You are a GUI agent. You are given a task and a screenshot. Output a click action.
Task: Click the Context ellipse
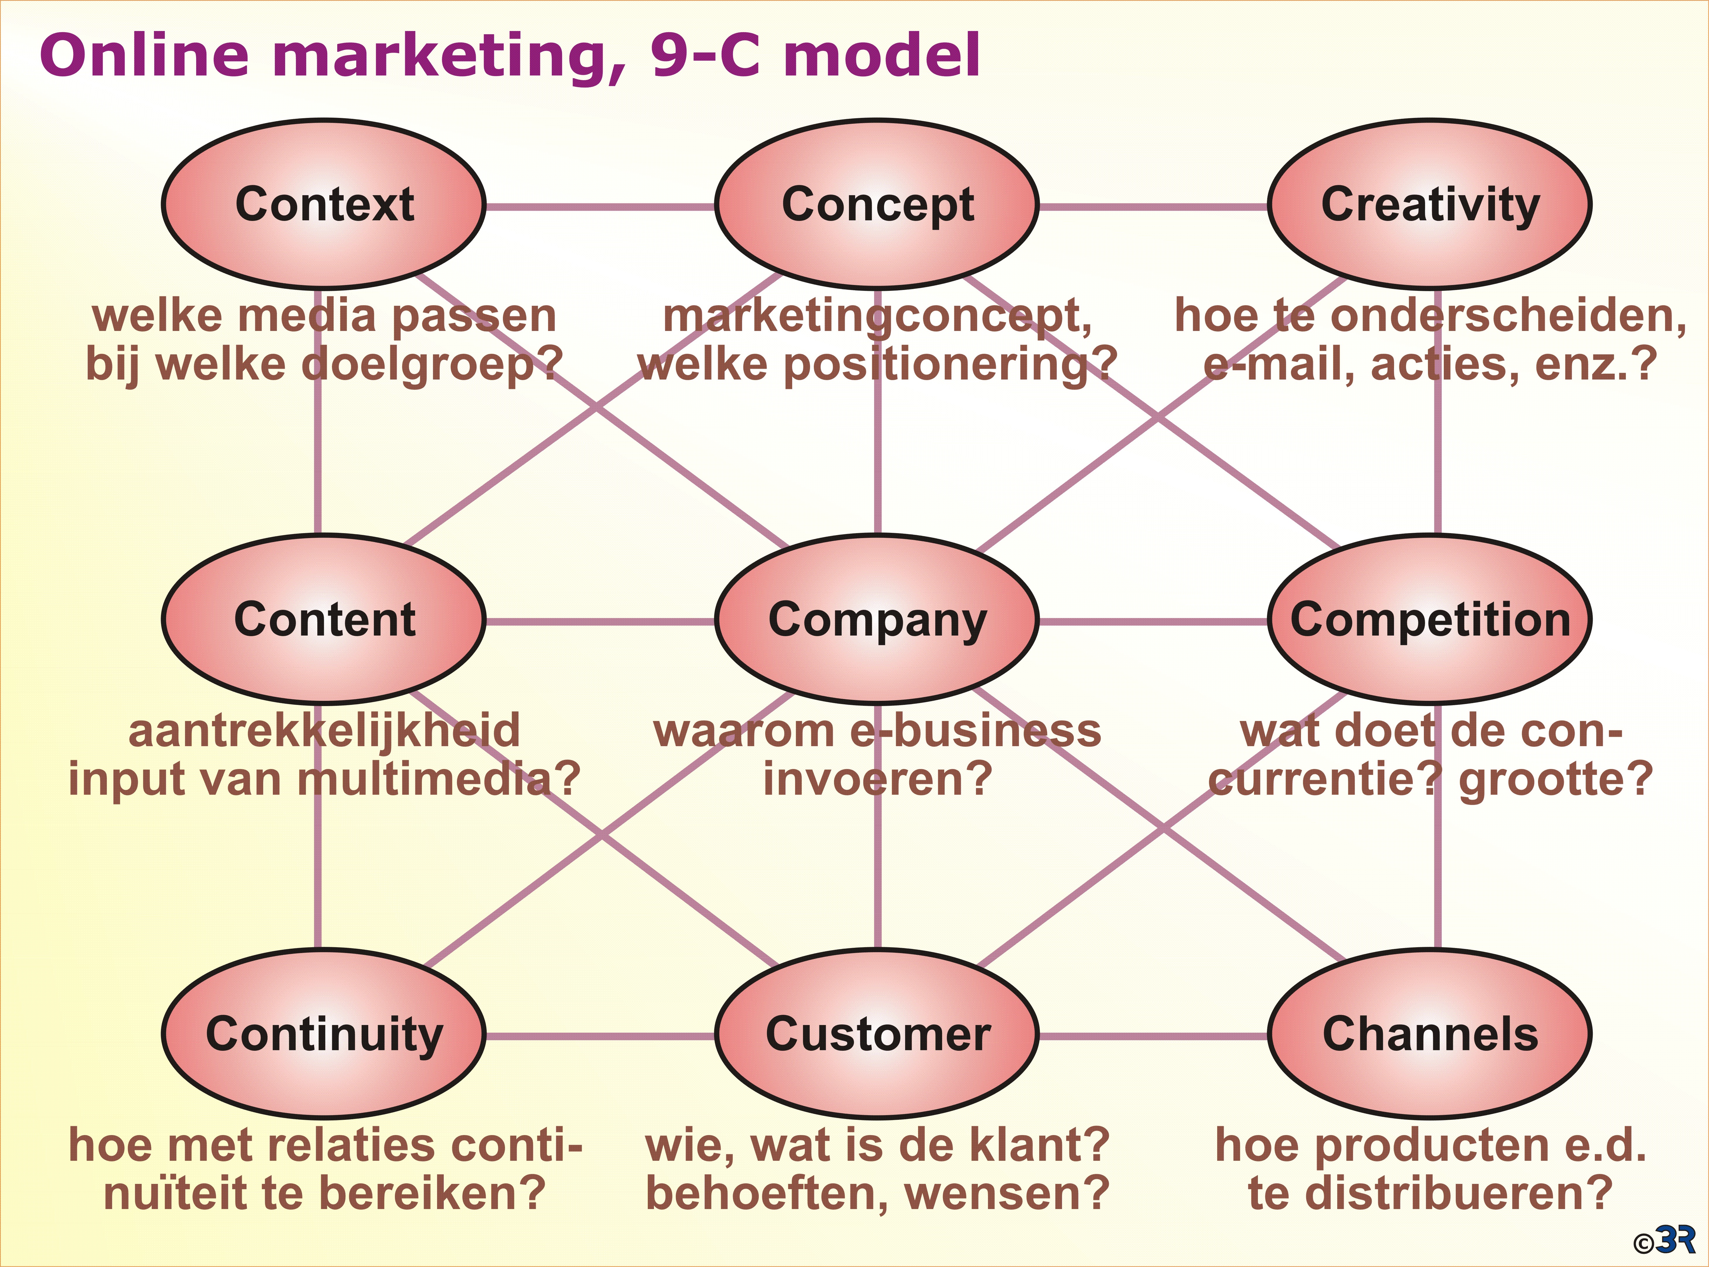324,204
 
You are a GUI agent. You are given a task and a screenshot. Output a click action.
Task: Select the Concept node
877,204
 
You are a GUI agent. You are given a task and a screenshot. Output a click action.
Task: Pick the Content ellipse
324,619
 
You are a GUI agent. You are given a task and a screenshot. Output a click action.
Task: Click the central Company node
877,619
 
